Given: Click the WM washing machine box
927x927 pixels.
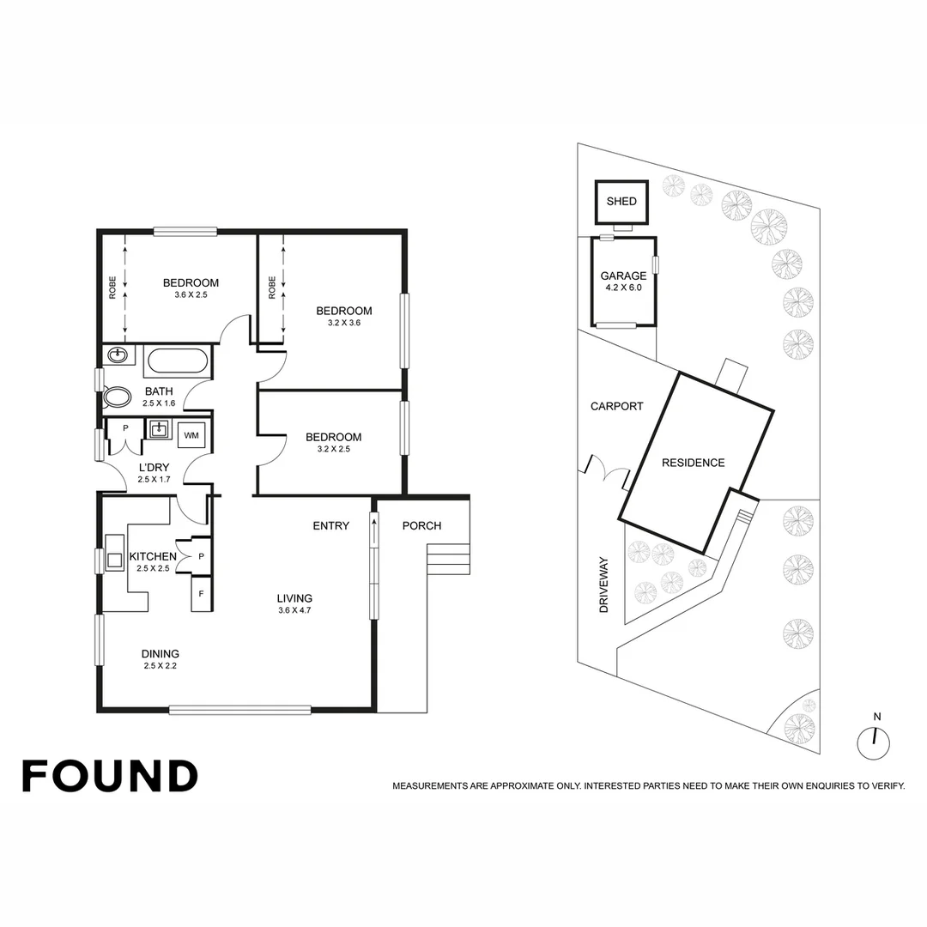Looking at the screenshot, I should [x=191, y=436].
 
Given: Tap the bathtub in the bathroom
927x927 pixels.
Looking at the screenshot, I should [x=176, y=361].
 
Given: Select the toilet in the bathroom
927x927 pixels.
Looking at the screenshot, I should [x=115, y=397].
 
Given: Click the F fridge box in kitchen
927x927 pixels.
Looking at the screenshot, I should [x=202, y=593].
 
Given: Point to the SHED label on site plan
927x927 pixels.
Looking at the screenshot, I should [x=621, y=202].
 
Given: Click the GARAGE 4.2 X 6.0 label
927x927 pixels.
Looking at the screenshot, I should [x=623, y=282].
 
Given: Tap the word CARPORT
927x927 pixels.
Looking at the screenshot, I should [x=616, y=406].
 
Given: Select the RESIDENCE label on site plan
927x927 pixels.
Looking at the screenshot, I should [x=693, y=463].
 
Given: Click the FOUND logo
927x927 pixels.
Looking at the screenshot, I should [x=110, y=776].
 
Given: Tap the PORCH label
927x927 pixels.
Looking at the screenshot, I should [x=421, y=525].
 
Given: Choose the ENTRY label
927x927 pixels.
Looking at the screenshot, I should [x=330, y=525].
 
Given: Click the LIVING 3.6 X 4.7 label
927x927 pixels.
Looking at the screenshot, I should [x=294, y=604].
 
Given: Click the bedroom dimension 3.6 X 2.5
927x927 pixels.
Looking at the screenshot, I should [x=191, y=294].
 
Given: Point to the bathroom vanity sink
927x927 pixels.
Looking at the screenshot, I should [x=118, y=355].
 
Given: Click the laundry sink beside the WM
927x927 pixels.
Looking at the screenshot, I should [x=159, y=429].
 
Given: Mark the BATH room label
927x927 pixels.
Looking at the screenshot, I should [x=158, y=397].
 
